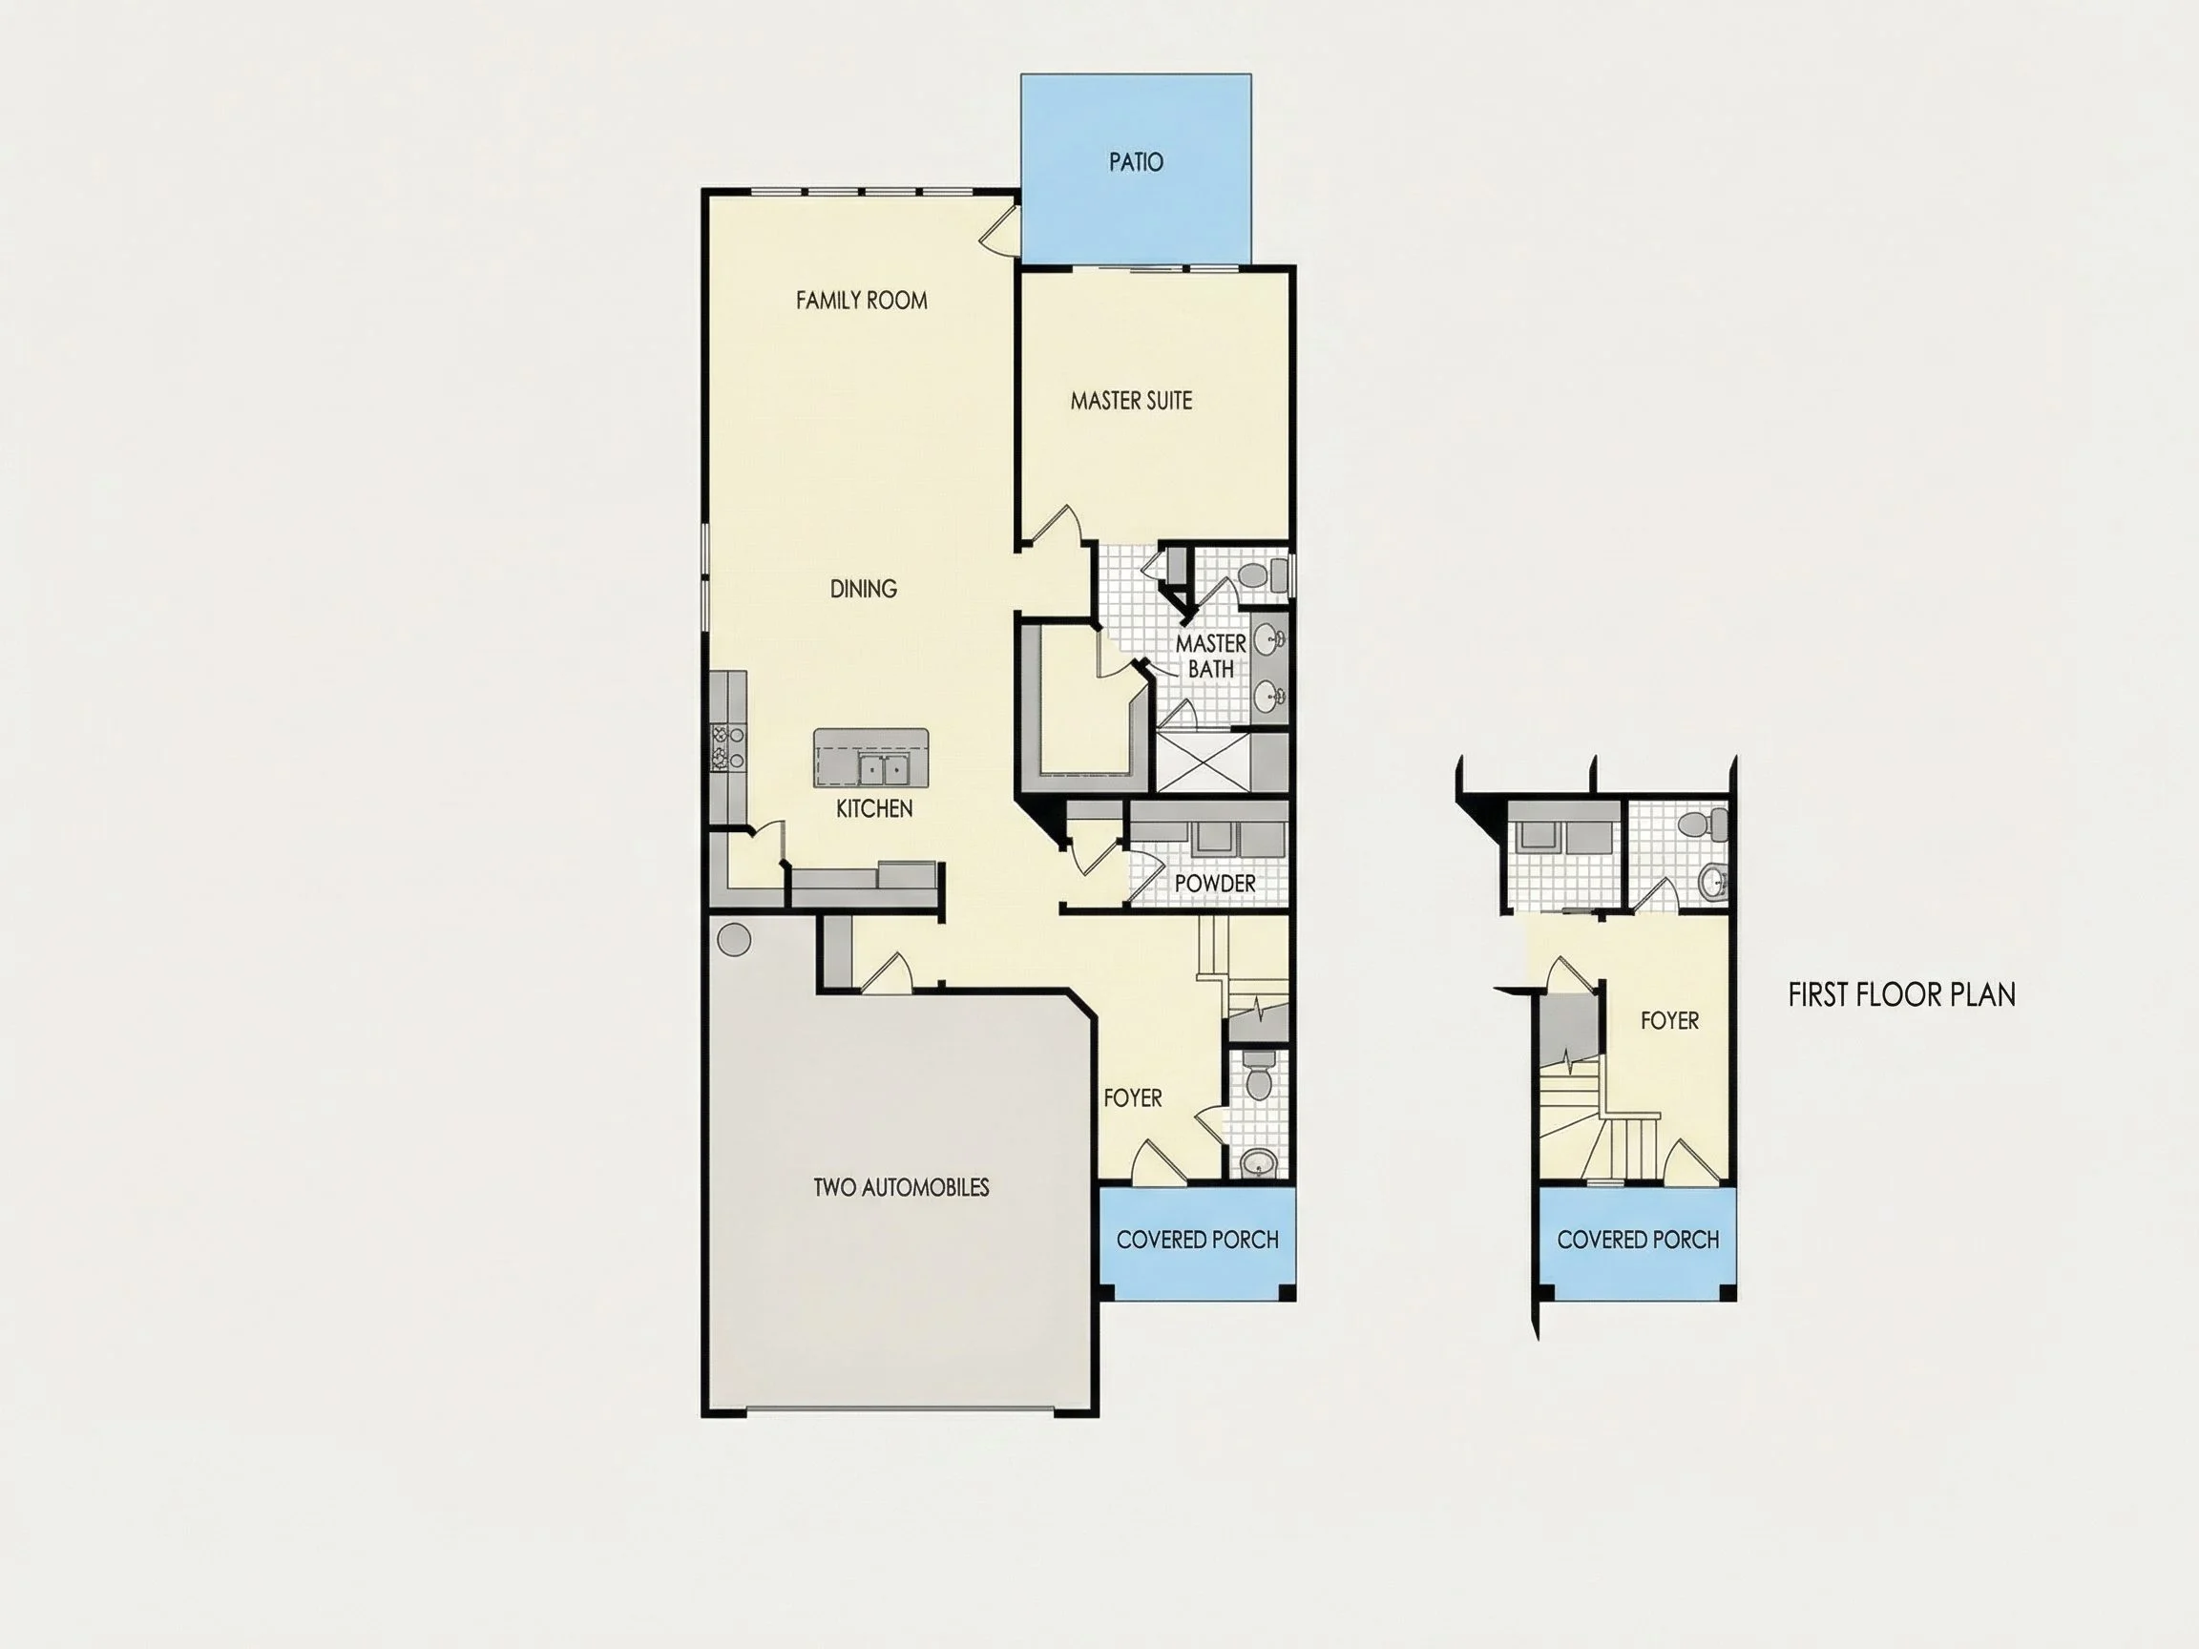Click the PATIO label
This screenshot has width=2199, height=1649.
(1135, 162)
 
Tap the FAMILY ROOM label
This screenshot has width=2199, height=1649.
(861, 301)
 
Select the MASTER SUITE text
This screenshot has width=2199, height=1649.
(1131, 401)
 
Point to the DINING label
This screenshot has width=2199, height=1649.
(863, 590)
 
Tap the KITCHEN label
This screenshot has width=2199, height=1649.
(874, 809)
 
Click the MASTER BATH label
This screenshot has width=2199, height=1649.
(1211, 656)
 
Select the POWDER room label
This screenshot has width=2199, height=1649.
(1215, 884)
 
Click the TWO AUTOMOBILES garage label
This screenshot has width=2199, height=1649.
(901, 1188)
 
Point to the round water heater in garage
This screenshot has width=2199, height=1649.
(734, 939)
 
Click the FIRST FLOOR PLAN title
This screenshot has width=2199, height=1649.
(1902, 995)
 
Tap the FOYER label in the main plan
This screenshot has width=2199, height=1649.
(1132, 1098)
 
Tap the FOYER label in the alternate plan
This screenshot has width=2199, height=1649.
(1669, 1021)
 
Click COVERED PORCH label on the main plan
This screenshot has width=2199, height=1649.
(1197, 1241)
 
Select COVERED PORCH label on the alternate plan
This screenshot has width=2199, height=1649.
(1638, 1241)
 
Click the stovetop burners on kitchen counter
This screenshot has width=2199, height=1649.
(726, 747)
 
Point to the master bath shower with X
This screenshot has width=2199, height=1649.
(1202, 762)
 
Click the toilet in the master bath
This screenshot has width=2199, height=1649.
(1260, 575)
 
